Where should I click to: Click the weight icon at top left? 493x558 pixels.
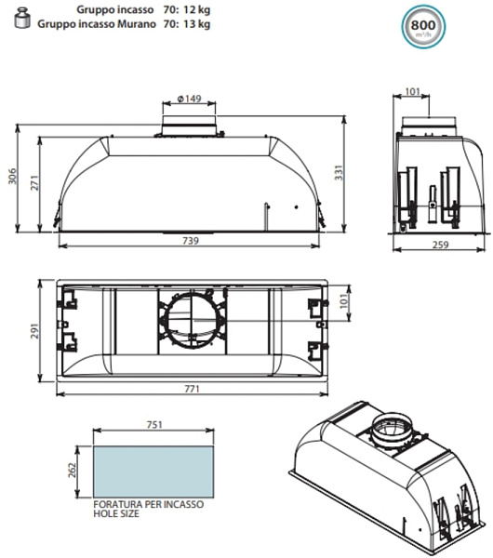[x=22, y=19]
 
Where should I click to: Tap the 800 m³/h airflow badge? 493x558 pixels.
[x=423, y=26]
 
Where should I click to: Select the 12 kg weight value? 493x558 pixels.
[x=196, y=9]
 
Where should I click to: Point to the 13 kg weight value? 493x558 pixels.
[x=196, y=24]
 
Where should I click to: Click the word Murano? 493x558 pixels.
[x=137, y=24]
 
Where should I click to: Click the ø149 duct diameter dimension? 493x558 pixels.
[x=189, y=99]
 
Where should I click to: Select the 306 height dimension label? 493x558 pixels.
[x=12, y=176]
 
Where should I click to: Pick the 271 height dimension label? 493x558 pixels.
[x=34, y=182]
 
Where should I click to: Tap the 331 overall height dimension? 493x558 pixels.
[x=339, y=173]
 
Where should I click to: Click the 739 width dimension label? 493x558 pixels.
[x=191, y=241]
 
